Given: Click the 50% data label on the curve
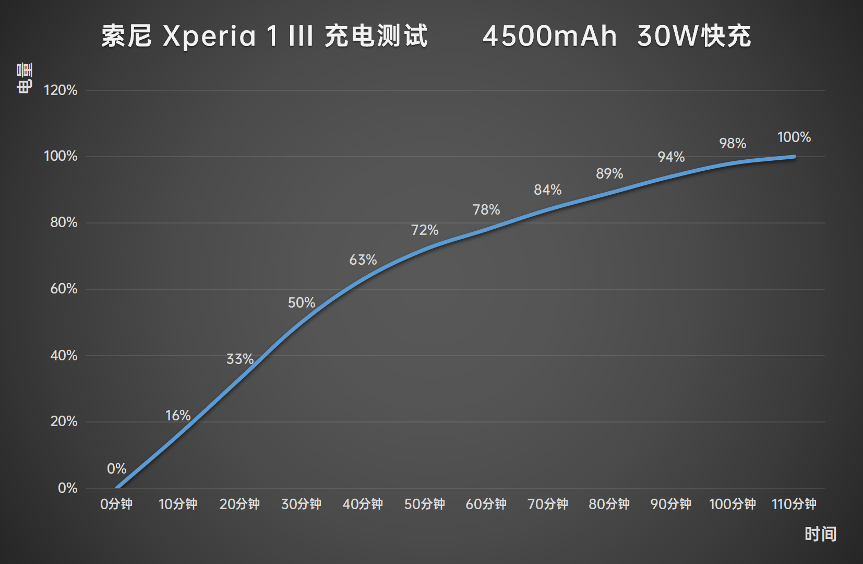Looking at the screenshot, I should (x=302, y=302).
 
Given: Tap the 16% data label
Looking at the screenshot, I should (x=178, y=415).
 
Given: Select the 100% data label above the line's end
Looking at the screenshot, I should (x=794, y=137).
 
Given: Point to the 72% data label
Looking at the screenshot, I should (x=425, y=230).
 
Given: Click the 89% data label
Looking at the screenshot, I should (x=609, y=173).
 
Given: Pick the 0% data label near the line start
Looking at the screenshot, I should (x=117, y=468).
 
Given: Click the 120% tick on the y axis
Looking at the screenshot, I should (x=61, y=90).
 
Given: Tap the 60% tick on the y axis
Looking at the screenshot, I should (x=64, y=288).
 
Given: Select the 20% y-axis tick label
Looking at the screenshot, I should (x=64, y=421).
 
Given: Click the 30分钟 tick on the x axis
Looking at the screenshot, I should (x=301, y=503).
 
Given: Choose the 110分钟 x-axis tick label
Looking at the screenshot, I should (x=794, y=503).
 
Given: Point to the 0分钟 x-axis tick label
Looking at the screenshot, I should (x=116, y=503).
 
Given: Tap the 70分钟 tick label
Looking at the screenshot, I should (x=548, y=503).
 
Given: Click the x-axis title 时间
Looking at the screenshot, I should (x=820, y=534).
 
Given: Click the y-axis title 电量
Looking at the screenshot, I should (x=25, y=78).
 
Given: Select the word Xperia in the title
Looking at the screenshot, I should (x=209, y=37).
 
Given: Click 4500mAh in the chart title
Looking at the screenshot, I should (x=549, y=37).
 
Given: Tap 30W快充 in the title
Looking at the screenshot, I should (x=694, y=37).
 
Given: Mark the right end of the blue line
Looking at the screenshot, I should (x=794, y=157).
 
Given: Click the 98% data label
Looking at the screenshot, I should (x=733, y=143).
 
